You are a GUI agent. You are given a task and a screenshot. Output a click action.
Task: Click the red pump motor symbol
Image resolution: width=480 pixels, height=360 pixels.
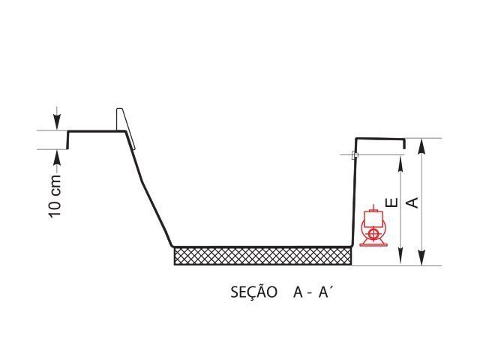pos(373,226)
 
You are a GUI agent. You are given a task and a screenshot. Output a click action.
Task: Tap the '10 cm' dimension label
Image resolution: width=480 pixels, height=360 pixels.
pos(55,196)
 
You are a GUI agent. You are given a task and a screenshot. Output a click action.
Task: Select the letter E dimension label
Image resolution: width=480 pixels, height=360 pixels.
pos(391,202)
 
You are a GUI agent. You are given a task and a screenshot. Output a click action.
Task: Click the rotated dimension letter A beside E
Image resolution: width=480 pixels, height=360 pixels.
pos(412,202)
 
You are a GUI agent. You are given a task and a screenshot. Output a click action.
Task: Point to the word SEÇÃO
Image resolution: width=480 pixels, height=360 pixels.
pos(253,292)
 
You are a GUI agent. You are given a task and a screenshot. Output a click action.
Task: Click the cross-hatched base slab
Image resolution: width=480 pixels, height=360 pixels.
pos(263,256)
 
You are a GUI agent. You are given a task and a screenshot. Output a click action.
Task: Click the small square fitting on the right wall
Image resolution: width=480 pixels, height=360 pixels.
pos(355,155)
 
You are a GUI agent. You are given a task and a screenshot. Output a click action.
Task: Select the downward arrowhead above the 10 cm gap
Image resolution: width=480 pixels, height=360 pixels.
pos(57,121)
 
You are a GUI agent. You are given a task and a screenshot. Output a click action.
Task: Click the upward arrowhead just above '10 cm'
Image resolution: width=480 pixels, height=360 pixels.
pos(57,158)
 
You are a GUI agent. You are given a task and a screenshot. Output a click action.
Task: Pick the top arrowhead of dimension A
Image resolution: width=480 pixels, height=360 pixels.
pos(421,147)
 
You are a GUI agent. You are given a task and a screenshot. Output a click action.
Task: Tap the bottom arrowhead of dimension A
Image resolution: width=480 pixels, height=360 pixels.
pos(421,257)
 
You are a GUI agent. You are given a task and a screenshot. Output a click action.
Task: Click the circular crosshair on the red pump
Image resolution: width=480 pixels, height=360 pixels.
pos(373,234)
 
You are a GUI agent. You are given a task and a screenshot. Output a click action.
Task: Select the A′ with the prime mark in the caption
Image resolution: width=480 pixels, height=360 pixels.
pos(325,292)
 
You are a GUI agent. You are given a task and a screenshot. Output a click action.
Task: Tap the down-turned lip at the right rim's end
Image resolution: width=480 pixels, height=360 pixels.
pos(404,144)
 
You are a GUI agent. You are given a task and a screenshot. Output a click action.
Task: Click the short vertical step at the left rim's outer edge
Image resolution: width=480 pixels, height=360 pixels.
pos(68,140)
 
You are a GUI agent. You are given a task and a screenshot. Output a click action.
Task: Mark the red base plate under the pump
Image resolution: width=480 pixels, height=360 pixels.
pos(373,244)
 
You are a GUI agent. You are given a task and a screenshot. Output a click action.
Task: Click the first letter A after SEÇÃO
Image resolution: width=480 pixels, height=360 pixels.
pos(298,292)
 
